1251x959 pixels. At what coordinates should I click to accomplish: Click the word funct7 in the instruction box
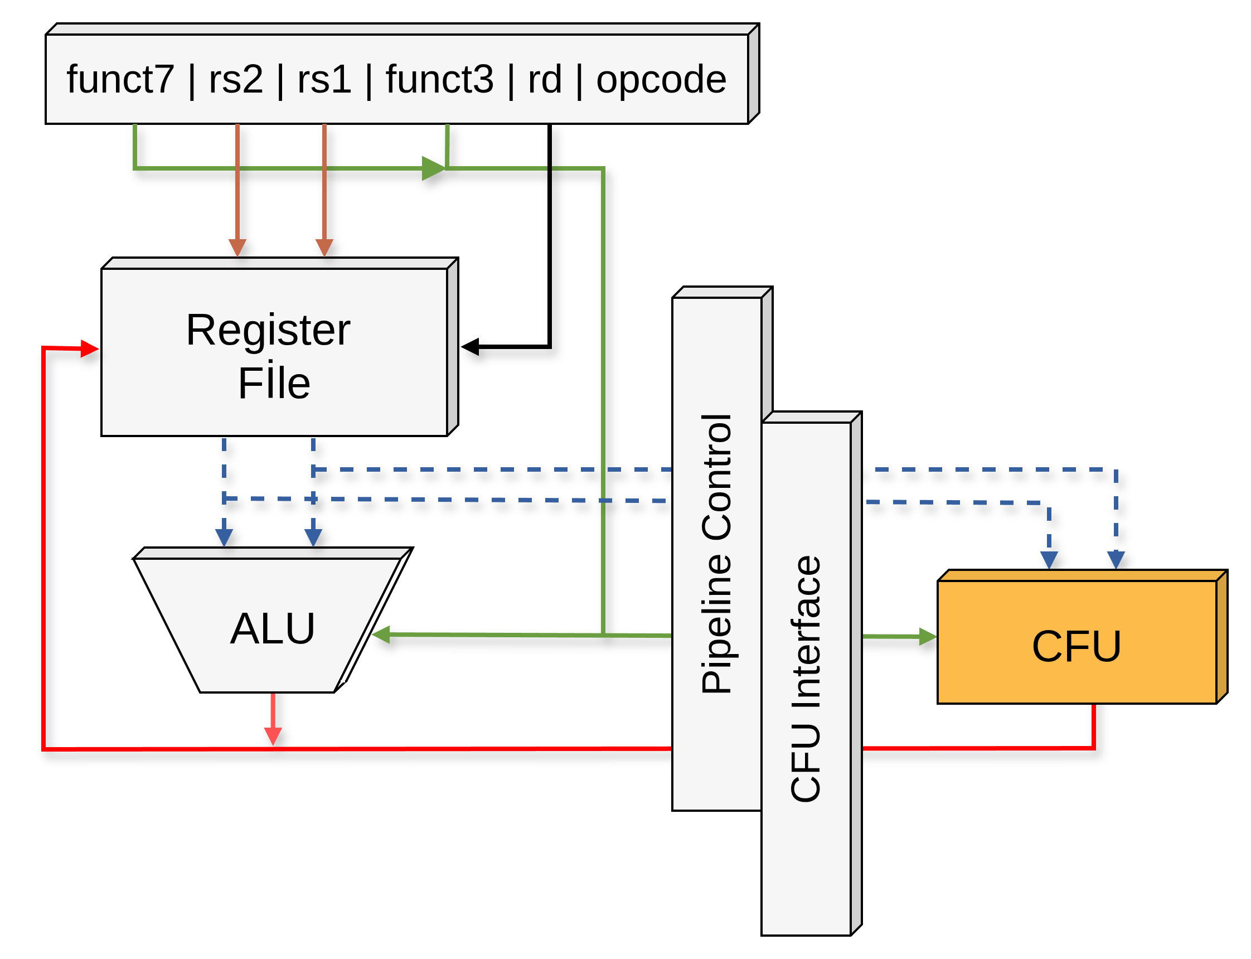point(120,79)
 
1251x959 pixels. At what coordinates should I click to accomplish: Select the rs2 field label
point(236,79)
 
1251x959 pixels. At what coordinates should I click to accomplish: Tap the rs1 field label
point(323,79)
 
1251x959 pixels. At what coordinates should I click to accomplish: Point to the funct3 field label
point(439,79)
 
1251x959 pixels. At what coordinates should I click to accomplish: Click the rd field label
point(545,79)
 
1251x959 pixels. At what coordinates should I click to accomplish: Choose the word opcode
point(661,79)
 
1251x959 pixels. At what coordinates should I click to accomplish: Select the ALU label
point(272,628)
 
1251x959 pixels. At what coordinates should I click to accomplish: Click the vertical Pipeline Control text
point(717,554)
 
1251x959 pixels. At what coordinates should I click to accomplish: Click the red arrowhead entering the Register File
point(90,348)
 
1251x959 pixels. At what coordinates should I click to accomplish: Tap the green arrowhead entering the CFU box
point(928,637)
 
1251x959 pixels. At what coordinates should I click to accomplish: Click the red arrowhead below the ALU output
point(273,737)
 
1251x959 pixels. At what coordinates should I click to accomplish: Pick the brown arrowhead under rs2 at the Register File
point(237,248)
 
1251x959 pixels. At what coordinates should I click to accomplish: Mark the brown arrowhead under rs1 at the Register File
point(324,248)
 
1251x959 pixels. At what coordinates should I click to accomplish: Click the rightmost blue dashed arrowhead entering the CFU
point(1115,560)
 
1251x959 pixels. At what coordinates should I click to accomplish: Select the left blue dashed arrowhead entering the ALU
point(224,537)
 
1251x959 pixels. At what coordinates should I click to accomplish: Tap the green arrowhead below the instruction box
point(433,168)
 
